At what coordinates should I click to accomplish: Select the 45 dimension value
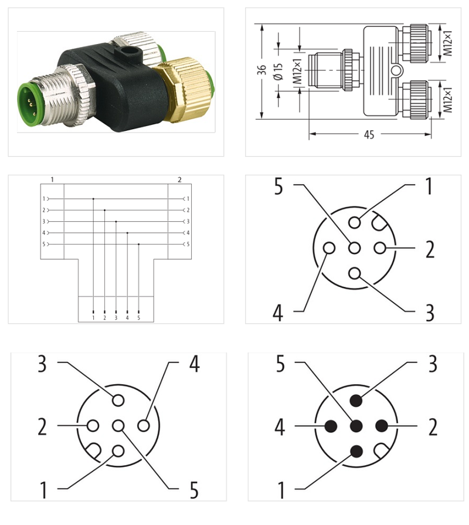tap(369, 135)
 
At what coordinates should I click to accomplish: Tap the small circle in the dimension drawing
tap(397, 72)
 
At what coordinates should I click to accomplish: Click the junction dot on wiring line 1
tap(93, 199)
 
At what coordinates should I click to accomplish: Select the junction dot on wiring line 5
tap(138, 243)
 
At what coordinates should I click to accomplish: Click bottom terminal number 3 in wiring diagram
tap(116, 317)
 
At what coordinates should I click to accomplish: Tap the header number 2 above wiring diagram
tap(179, 178)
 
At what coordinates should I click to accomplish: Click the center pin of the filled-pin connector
tap(356, 425)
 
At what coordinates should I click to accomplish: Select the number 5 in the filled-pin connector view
tap(280, 365)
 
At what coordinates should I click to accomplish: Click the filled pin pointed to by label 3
tap(356, 401)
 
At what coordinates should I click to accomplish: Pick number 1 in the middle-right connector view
tap(429, 187)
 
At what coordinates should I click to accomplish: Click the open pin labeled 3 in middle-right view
tap(355, 273)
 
